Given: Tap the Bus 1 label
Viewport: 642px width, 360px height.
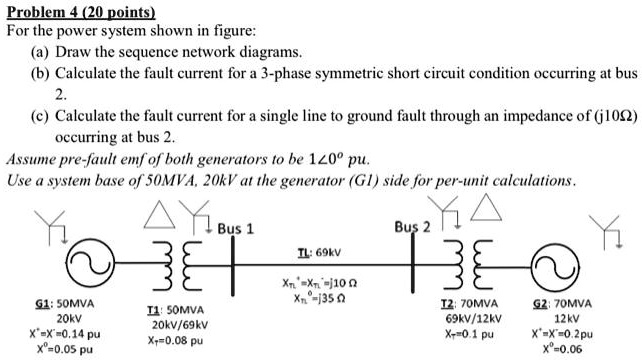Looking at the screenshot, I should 236,228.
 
